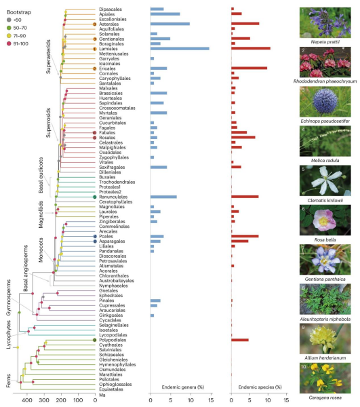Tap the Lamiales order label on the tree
108,49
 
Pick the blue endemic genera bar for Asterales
169,24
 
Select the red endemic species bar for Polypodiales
240,340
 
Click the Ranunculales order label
115,197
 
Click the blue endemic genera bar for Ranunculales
163,197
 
